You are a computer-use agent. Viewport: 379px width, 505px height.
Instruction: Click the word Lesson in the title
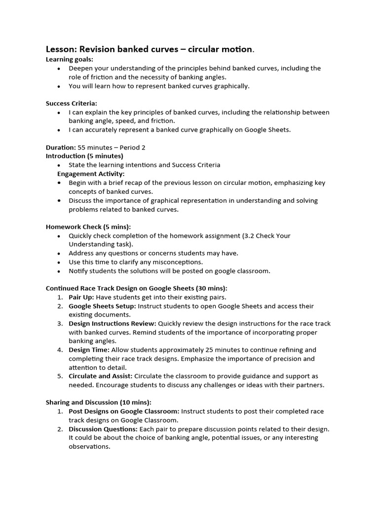pyautogui.click(x=60, y=49)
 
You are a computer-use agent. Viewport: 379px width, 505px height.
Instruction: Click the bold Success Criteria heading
pyautogui.click(x=72, y=104)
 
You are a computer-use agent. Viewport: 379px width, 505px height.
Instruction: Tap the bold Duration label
pyautogui.click(x=61, y=147)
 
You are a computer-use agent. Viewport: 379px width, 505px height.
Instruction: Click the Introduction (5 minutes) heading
pyautogui.click(x=84, y=156)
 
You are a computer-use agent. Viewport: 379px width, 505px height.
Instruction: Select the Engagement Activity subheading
pyautogui.click(x=91, y=174)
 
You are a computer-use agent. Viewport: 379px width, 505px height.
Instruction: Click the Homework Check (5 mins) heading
pyautogui.click(x=88, y=227)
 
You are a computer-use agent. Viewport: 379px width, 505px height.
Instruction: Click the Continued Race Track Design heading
pyautogui.click(x=137, y=288)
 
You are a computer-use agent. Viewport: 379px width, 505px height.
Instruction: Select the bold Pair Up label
pyautogui.click(x=81, y=297)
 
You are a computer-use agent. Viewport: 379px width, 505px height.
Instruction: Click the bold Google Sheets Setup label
pyautogui.click(x=102, y=306)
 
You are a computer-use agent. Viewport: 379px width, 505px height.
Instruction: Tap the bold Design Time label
pyautogui.click(x=89, y=350)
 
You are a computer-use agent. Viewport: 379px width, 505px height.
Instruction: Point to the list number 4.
pyautogui.click(x=59, y=350)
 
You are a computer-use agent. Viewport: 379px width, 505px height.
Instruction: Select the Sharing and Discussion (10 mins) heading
pyautogui.click(x=99, y=402)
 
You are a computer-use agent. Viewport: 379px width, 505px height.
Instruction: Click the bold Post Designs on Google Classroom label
pyautogui.click(x=124, y=411)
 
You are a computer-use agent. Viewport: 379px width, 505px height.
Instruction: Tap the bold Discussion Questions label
pyautogui.click(x=101, y=429)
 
